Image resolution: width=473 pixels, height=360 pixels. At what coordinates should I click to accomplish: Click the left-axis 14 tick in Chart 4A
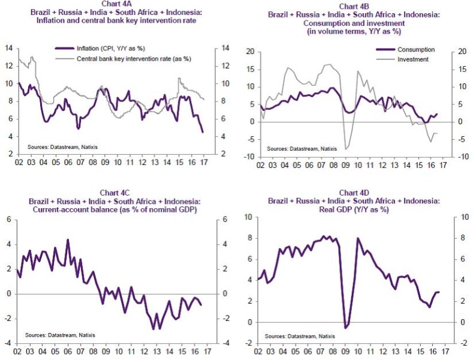[8, 48]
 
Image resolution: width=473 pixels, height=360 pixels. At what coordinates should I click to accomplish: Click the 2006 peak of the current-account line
[68, 240]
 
